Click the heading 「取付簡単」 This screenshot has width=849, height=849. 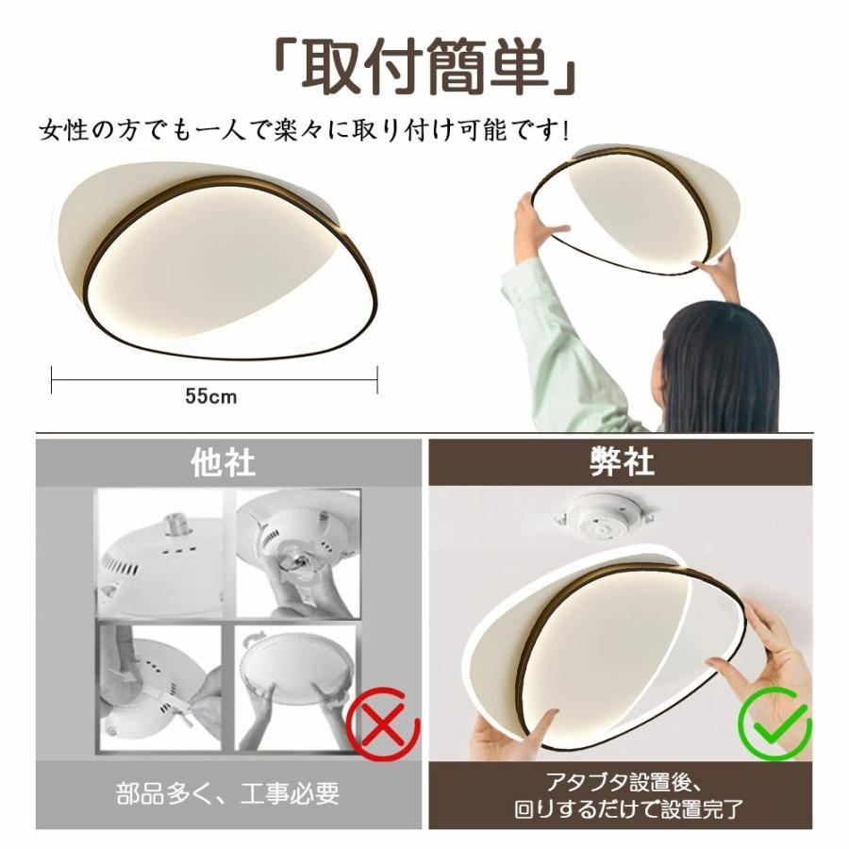424,68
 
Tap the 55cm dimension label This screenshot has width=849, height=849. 210,396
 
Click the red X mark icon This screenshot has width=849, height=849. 383,724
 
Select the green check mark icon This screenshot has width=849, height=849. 774,724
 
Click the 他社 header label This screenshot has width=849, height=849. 223,463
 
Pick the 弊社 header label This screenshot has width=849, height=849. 622,462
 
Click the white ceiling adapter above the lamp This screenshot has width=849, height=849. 606,517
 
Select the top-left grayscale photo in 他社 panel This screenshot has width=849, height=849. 159,554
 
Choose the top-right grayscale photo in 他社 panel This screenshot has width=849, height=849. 297,554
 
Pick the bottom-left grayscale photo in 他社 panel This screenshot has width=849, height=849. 159,688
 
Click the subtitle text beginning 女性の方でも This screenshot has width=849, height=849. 305,130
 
